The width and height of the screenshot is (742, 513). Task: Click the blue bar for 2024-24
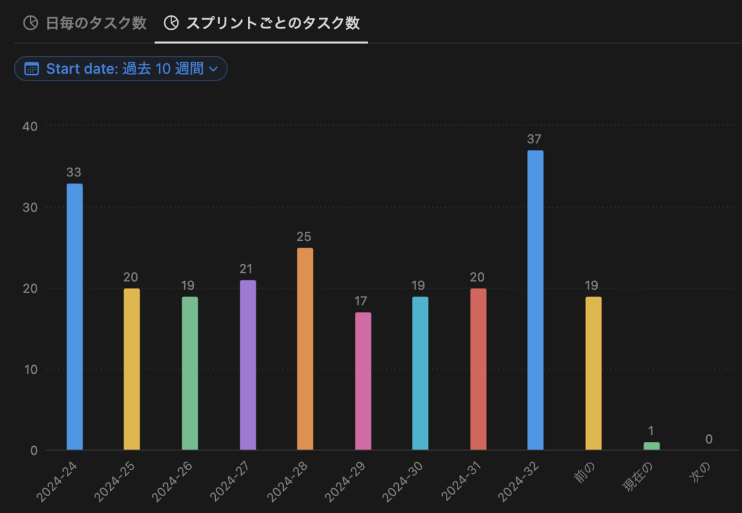tap(75, 316)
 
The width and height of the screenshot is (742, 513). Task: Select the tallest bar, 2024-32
tap(535, 300)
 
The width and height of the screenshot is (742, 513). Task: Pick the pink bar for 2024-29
tap(363, 381)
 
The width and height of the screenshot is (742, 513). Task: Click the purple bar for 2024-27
tap(248, 364)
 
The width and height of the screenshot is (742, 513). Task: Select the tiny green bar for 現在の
tap(651, 446)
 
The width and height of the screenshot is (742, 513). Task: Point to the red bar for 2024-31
tap(478, 369)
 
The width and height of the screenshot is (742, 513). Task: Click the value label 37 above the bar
tap(534, 139)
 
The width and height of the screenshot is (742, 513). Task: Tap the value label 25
tap(304, 237)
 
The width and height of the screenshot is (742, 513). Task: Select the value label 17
tap(362, 301)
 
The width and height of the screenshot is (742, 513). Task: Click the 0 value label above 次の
tap(709, 439)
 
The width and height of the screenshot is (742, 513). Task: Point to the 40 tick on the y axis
tap(30, 126)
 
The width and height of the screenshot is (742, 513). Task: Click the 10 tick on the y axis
tap(30, 369)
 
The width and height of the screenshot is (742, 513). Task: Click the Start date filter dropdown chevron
tap(213, 69)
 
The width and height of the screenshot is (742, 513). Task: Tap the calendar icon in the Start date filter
tap(32, 69)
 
